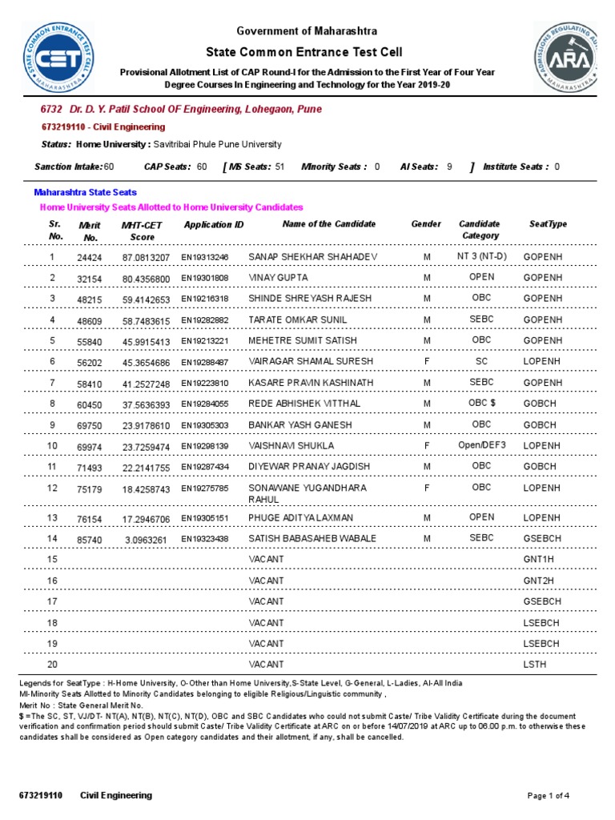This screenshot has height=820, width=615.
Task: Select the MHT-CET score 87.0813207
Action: (147, 257)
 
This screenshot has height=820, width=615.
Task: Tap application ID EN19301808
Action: (205, 278)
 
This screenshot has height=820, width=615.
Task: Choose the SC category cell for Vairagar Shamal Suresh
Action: (481, 361)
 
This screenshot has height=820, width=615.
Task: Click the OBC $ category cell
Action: (481, 403)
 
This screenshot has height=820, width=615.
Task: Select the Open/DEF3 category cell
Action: (481, 445)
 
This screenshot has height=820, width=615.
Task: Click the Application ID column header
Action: (214, 225)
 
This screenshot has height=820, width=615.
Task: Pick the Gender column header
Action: (426, 224)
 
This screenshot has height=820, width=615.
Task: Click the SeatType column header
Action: (548, 224)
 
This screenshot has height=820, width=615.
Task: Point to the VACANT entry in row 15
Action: (267, 559)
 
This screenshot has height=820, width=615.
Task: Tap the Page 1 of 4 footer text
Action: (549, 795)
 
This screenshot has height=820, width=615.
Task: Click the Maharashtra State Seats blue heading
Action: (85, 192)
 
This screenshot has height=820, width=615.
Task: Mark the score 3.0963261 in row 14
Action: (147, 540)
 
